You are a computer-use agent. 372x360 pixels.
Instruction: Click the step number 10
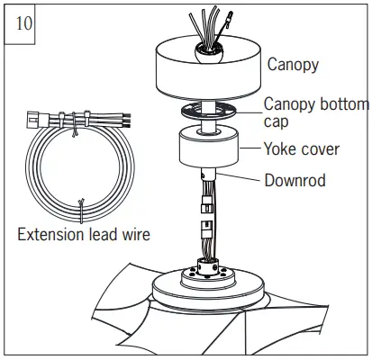click(23, 23)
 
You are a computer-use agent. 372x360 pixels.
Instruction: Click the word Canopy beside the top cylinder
click(293, 65)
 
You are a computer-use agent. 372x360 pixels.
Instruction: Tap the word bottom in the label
click(341, 104)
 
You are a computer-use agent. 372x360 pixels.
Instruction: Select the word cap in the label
click(276, 122)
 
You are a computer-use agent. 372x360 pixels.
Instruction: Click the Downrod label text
click(295, 180)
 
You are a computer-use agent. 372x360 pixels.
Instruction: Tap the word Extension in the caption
click(50, 234)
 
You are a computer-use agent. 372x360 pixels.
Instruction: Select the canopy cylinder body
click(208, 72)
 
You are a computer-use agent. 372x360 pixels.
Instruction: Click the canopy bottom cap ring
click(208, 111)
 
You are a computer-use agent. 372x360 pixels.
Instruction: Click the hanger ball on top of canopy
click(209, 53)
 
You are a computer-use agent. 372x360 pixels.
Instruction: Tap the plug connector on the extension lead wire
click(38, 120)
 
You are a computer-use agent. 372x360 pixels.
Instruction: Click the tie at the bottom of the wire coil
click(81, 211)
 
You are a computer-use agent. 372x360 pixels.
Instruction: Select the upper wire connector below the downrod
click(206, 204)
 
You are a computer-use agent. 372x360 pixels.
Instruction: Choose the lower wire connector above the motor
click(206, 229)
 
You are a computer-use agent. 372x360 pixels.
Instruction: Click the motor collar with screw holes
click(207, 267)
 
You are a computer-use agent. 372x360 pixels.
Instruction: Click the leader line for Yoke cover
click(250, 148)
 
